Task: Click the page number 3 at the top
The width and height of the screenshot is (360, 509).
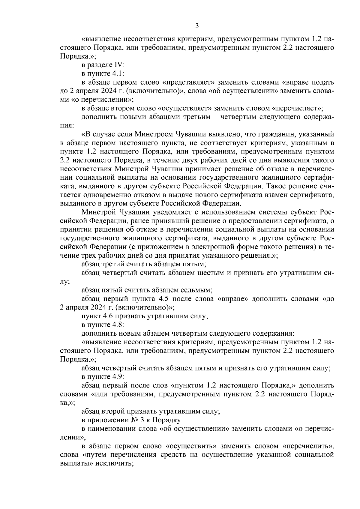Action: point(197,26)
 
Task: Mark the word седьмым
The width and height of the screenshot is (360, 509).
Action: point(197,290)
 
